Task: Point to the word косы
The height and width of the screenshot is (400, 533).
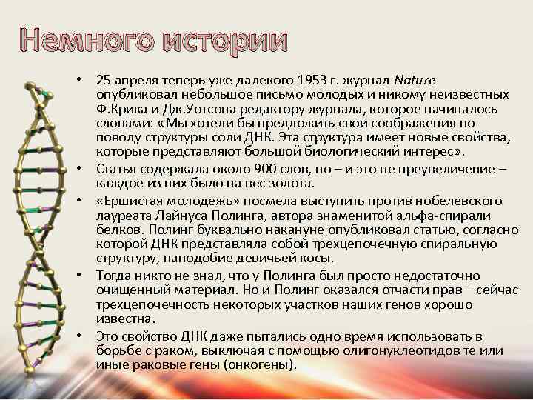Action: [317, 259]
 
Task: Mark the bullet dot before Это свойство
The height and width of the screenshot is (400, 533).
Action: [87, 337]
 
